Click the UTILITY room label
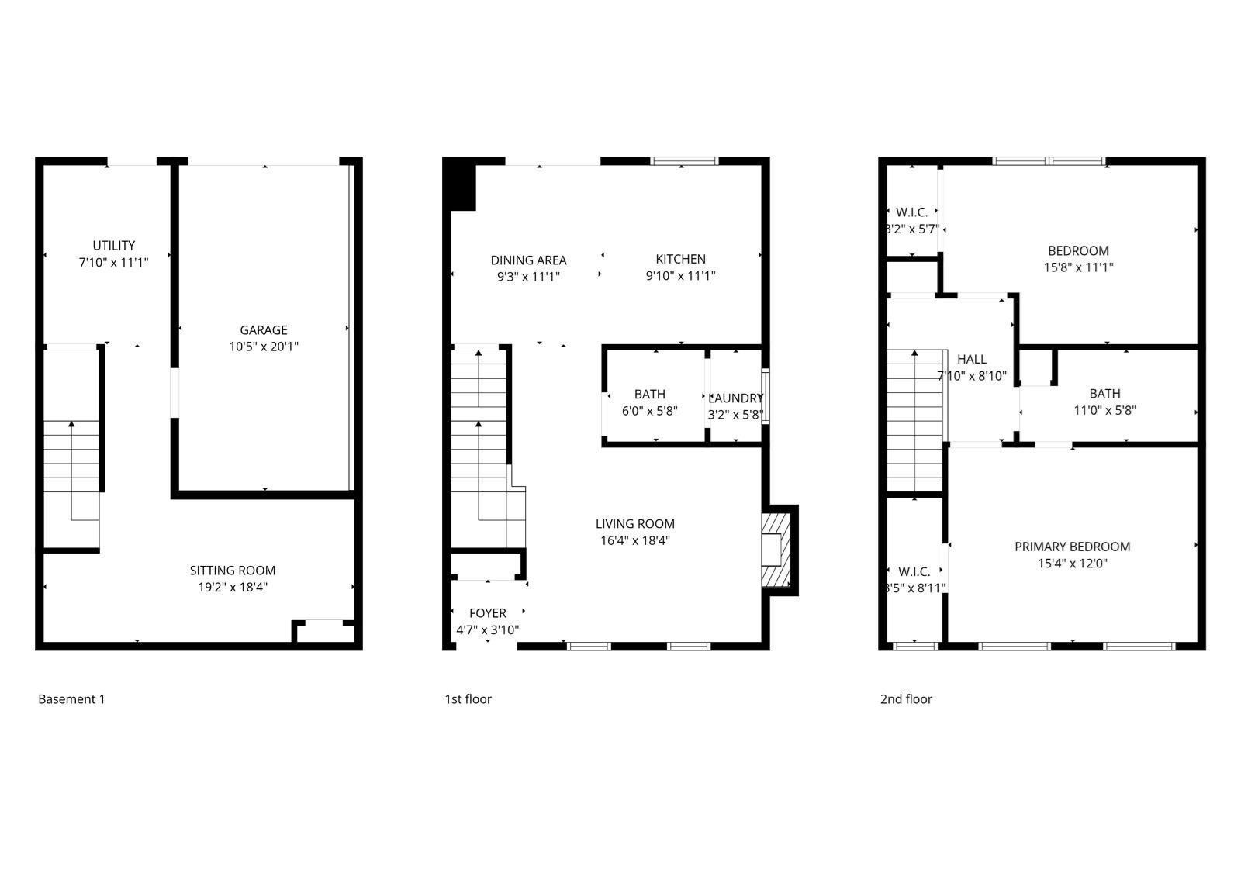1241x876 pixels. coord(114,246)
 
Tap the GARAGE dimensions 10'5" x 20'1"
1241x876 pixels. coord(264,347)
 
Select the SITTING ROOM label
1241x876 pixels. coord(233,571)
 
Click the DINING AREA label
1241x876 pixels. coord(528,260)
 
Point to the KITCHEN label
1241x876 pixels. coord(680,259)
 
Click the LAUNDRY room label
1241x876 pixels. coord(735,398)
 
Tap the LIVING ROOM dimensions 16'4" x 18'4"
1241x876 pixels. coord(635,540)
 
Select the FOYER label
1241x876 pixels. coord(488,613)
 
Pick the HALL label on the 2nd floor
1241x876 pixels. coord(971,359)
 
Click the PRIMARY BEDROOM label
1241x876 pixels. coord(1072,547)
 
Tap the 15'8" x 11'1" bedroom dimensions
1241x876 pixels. coord(1078,267)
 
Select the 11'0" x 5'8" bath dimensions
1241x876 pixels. coord(1104,410)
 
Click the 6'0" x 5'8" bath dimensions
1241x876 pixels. coord(650,411)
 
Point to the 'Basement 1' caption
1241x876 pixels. coord(71,699)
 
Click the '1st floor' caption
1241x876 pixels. coord(468,699)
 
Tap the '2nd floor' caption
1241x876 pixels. coord(906,699)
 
